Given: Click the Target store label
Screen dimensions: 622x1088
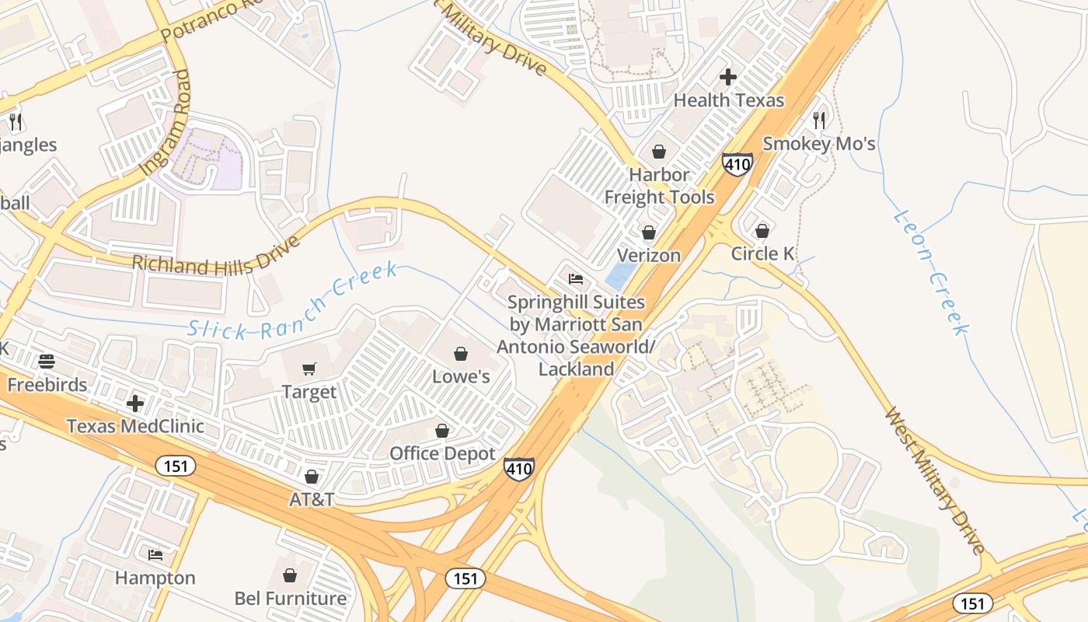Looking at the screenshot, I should (309, 392).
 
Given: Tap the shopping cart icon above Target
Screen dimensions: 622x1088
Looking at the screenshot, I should (309, 369).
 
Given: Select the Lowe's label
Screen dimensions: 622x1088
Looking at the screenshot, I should (461, 376).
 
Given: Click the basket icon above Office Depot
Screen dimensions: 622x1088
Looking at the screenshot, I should (442, 431).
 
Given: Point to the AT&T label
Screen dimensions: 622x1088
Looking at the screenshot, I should (312, 499).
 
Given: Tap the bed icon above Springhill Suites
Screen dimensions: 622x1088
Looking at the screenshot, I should (576, 279).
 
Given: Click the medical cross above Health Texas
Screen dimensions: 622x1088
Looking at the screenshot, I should (728, 77).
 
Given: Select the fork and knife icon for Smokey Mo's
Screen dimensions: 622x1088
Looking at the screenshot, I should (819, 120).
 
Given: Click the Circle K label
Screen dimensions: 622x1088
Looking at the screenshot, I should (762, 253).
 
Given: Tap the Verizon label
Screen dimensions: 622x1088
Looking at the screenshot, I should (649, 255).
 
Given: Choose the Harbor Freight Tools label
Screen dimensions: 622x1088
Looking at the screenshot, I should (659, 186).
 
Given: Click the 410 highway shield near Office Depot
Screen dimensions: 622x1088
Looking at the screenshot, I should (518, 468).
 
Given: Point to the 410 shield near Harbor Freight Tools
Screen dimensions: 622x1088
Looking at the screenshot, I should (737, 164).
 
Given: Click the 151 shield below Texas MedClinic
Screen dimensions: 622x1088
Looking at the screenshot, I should (175, 466).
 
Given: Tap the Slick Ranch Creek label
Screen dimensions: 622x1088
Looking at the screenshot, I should (292, 303).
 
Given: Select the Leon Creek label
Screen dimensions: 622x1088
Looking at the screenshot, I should (930, 271).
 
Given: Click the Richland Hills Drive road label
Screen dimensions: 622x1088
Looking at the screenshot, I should (216, 257).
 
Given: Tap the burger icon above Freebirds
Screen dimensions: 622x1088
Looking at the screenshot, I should (47, 362).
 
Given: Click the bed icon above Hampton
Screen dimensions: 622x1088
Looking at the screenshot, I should (155, 555).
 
